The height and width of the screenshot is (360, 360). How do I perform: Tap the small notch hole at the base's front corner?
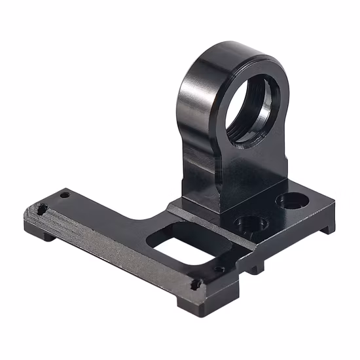click(195, 285)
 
